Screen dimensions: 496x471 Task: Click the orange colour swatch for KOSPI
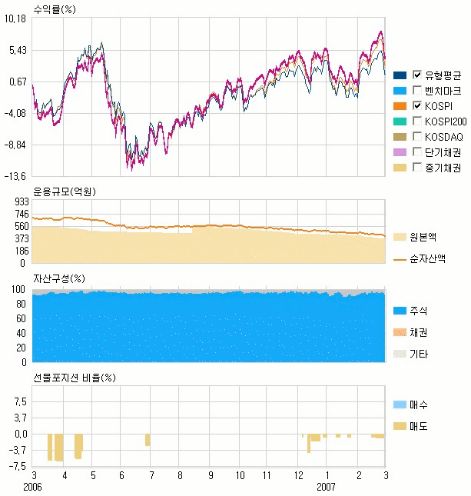[x=400, y=105]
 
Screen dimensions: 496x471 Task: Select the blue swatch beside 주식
[x=400, y=310]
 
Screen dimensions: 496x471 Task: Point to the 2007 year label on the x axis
[x=327, y=487]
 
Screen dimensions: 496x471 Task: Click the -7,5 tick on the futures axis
[x=18, y=465]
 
